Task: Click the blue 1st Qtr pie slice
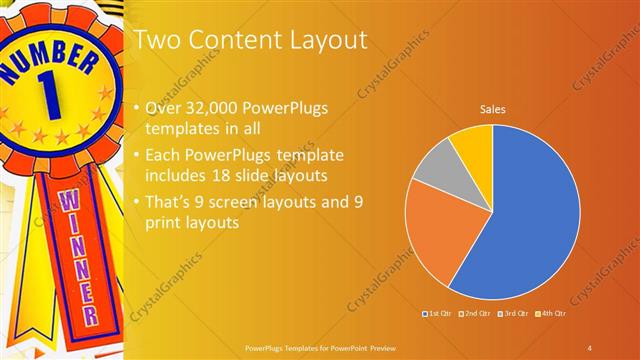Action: click(x=530, y=220)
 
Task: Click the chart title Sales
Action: click(x=492, y=107)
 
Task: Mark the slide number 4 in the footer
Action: click(x=590, y=347)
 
